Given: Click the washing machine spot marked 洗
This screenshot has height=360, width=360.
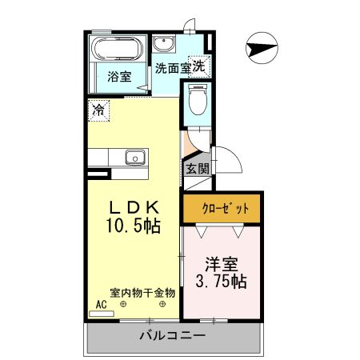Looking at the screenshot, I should click(198, 66).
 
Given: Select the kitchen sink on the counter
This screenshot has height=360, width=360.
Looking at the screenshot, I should click(134, 157).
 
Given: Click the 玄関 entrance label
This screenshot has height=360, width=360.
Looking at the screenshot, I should click(197, 169).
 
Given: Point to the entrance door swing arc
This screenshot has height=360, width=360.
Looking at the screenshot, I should click(230, 160).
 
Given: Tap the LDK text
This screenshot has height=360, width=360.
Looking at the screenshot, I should click(134, 205).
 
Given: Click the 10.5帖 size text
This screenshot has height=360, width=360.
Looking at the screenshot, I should click(134, 226).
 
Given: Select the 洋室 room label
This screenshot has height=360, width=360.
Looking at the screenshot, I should click(220, 262).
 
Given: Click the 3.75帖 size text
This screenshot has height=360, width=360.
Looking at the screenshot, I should click(221, 282).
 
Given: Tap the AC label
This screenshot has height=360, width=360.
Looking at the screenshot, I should click(101, 305).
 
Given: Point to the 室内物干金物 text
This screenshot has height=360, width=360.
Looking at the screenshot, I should click(142, 292).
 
